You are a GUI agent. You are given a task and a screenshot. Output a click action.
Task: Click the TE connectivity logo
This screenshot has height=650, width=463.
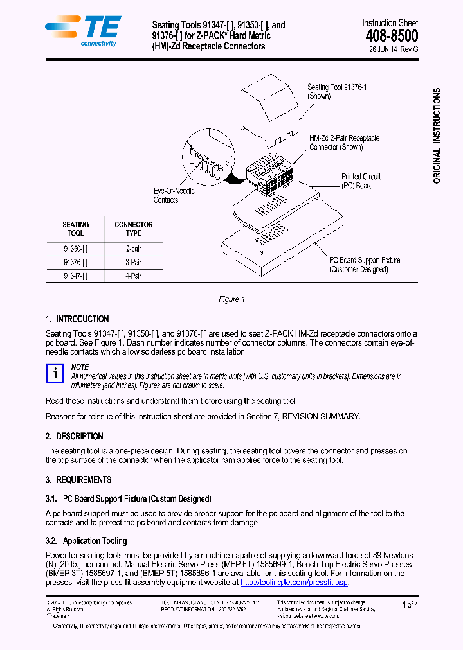point(82,31)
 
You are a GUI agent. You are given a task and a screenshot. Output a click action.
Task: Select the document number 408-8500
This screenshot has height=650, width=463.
point(391,36)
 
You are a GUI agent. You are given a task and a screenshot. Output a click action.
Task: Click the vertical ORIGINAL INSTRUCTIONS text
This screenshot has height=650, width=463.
point(437,136)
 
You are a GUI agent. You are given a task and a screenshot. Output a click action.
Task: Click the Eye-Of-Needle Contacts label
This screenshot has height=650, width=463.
point(174,195)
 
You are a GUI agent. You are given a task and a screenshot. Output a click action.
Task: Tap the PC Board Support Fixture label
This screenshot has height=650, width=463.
point(364,265)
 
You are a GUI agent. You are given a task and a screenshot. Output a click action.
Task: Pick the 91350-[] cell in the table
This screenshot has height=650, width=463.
point(75,249)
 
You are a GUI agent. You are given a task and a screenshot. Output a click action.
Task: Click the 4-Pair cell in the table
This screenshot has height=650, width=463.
point(133,276)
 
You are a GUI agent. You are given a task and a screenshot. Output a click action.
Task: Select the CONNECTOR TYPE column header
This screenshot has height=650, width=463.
point(133,229)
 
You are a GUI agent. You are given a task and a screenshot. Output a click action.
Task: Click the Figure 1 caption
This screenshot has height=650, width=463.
point(232,299)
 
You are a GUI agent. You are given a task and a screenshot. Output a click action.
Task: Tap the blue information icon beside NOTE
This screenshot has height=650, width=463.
point(55,373)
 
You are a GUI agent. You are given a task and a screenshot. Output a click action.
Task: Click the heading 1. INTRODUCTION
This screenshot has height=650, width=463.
point(77,319)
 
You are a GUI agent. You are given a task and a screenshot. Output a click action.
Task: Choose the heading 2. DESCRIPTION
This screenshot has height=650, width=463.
point(74,436)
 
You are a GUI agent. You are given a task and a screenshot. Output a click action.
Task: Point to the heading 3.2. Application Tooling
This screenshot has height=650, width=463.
point(86,541)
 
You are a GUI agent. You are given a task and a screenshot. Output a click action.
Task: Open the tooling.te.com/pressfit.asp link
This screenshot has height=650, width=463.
point(294,583)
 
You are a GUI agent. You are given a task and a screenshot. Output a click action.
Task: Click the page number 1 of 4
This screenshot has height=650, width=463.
point(410,604)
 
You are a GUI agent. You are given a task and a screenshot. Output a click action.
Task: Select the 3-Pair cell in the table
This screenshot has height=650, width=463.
point(133,262)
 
